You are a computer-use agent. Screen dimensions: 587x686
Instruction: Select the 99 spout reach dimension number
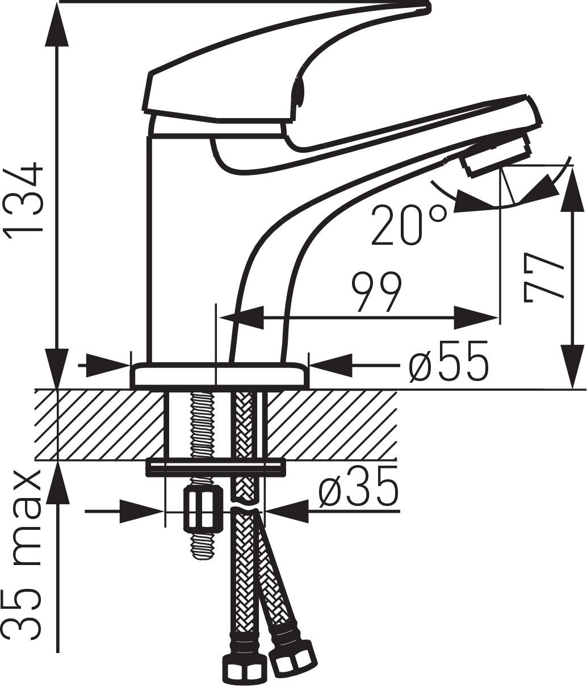tap(376, 292)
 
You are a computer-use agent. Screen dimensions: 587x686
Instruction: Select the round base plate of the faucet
tap(220, 376)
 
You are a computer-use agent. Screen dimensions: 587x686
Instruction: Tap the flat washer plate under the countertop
tap(216, 467)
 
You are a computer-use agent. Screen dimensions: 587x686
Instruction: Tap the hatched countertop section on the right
tap(332, 424)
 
